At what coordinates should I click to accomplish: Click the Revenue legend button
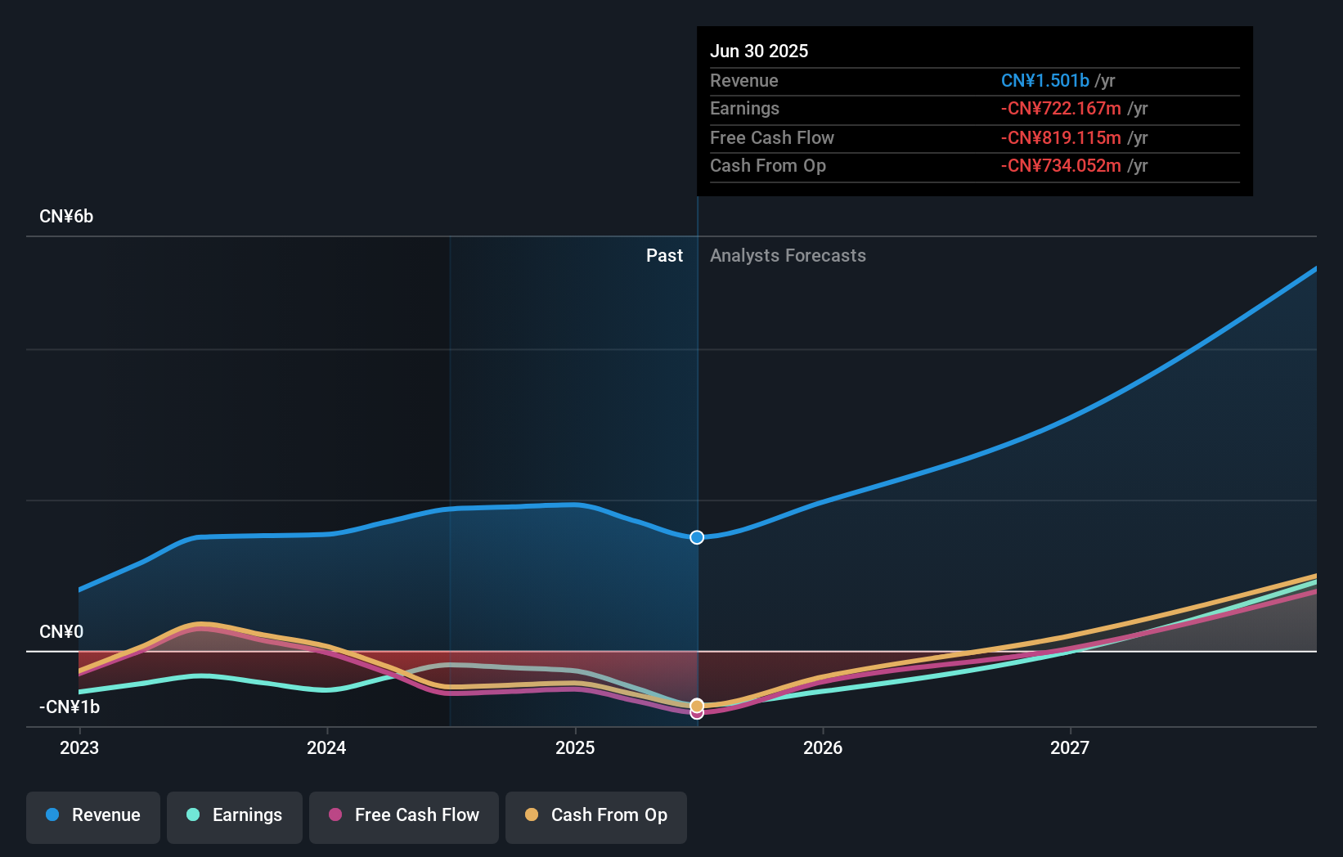click(93, 815)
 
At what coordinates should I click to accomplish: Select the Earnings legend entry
click(235, 815)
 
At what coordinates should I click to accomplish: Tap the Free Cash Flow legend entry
click(404, 815)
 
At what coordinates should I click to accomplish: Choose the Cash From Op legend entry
click(596, 815)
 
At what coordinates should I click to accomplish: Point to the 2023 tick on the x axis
click(79, 747)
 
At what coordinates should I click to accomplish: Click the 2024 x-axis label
click(326, 747)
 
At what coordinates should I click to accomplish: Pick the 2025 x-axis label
click(575, 747)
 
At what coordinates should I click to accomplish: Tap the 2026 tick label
click(823, 747)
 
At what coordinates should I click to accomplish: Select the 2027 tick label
click(1070, 747)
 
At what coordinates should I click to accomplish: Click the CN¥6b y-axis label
click(66, 217)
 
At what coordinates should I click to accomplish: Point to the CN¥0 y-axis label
click(61, 632)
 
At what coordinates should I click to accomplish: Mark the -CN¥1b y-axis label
click(70, 707)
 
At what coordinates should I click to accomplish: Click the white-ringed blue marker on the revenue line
click(697, 537)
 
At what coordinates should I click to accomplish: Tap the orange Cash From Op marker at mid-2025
click(697, 705)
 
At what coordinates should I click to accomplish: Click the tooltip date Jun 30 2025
click(759, 52)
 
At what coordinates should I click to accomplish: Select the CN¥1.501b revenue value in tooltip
click(1044, 81)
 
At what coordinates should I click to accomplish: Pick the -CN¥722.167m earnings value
click(1061, 109)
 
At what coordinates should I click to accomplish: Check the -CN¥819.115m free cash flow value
click(1061, 138)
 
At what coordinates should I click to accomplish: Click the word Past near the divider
click(664, 256)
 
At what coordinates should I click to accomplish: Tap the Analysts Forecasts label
click(788, 256)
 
